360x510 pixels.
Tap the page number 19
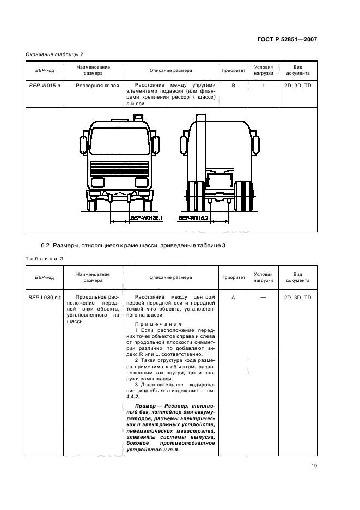(314, 465)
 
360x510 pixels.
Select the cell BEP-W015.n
(45, 86)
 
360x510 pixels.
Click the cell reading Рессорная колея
(93, 86)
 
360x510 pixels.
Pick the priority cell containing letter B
(233, 86)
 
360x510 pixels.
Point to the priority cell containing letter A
(233, 297)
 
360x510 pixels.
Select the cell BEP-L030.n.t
(45, 297)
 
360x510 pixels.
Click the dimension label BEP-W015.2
(194, 218)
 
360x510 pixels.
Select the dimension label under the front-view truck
(147, 218)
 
